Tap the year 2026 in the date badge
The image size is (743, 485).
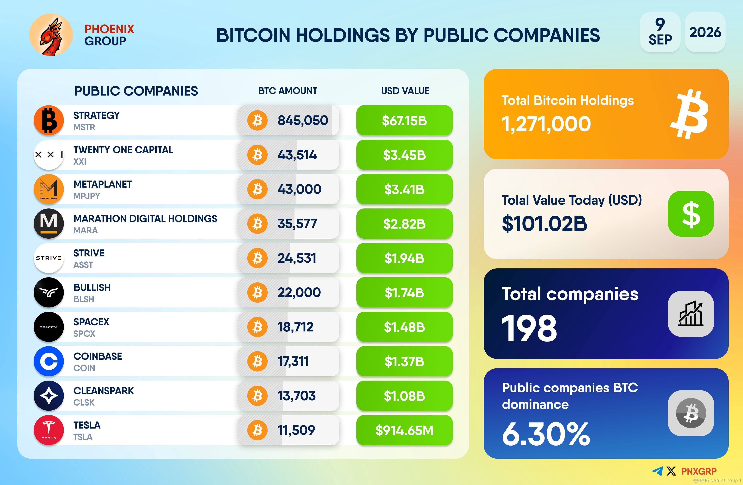tap(705, 32)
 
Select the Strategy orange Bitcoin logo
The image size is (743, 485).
tap(49, 120)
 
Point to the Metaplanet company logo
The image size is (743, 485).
tap(49, 189)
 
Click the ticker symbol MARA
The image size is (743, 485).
tap(86, 230)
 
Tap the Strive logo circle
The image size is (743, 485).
tap(49, 258)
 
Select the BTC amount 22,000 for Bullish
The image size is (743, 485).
tap(299, 292)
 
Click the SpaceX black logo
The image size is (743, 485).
tap(49, 327)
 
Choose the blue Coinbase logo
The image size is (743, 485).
tap(49, 361)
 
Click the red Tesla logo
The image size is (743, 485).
tap(49, 430)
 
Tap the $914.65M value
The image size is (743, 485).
tap(404, 430)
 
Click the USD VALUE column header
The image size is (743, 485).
tap(405, 91)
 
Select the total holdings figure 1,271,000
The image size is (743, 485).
tap(546, 124)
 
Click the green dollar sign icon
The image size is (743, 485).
tap(691, 214)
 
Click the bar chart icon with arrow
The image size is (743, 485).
tap(691, 314)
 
